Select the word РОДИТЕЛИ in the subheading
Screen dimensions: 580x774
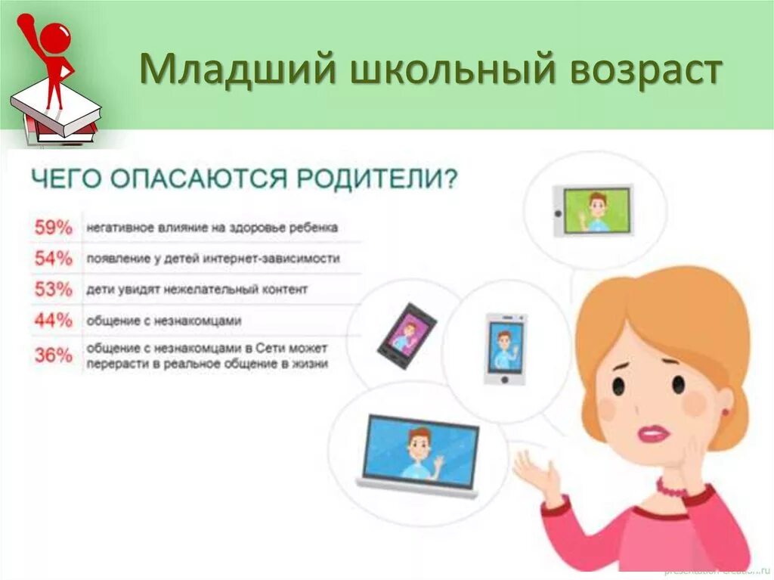(376, 180)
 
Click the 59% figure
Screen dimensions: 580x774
(53, 227)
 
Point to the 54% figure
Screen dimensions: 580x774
(53, 259)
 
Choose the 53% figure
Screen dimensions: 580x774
(53, 289)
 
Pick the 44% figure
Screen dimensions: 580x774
(53, 321)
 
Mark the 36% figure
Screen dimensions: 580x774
(53, 355)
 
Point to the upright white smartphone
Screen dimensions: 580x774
(505, 348)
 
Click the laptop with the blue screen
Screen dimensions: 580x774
(420, 454)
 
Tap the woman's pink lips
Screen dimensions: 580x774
(653, 433)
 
